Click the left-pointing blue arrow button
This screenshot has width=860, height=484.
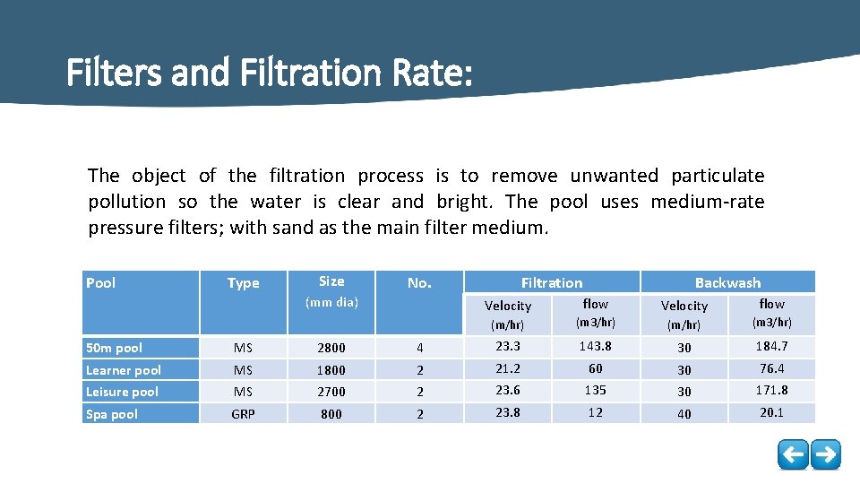[793, 454]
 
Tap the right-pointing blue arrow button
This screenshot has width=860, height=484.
[825, 454]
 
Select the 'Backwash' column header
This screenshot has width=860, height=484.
[727, 282]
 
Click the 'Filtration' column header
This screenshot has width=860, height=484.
[552, 282]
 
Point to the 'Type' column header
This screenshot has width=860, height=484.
[243, 283]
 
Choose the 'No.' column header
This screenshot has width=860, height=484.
[419, 283]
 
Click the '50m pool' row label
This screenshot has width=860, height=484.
[114, 348]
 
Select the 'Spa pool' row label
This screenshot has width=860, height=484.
[113, 414]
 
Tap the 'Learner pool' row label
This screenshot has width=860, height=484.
[124, 370]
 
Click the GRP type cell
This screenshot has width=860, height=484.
[243, 414]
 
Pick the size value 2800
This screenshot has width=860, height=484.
[331, 348]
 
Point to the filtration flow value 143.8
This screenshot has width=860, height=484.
[595, 346]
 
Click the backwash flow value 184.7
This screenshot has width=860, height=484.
[771, 346]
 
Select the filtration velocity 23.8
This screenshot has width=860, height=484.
[507, 413]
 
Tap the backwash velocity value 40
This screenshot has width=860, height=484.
[684, 414]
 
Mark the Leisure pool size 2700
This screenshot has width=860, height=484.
[331, 392]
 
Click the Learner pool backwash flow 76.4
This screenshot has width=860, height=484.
[771, 368]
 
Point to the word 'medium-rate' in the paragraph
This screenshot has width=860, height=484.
[708, 202]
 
